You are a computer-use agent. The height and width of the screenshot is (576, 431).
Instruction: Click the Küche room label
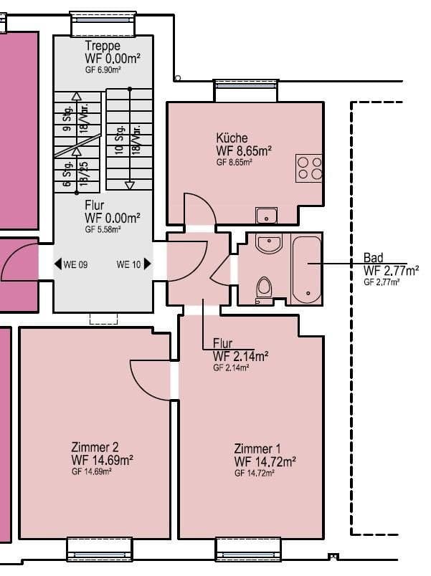tap(232, 138)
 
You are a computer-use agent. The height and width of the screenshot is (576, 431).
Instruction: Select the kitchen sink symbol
tap(267, 214)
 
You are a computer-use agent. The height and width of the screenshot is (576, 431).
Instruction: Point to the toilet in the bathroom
tap(264, 288)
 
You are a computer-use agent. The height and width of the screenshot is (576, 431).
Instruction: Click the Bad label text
tap(374, 258)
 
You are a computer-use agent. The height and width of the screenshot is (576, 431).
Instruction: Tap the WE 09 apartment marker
tap(71, 264)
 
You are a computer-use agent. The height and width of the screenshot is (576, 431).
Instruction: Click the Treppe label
tap(102, 47)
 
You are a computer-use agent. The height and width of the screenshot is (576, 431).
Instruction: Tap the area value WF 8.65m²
tap(244, 151)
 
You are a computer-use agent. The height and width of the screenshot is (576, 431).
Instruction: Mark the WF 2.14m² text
tap(240, 356)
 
